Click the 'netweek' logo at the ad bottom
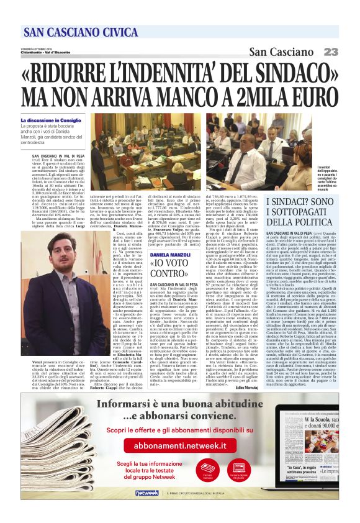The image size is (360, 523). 147,493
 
